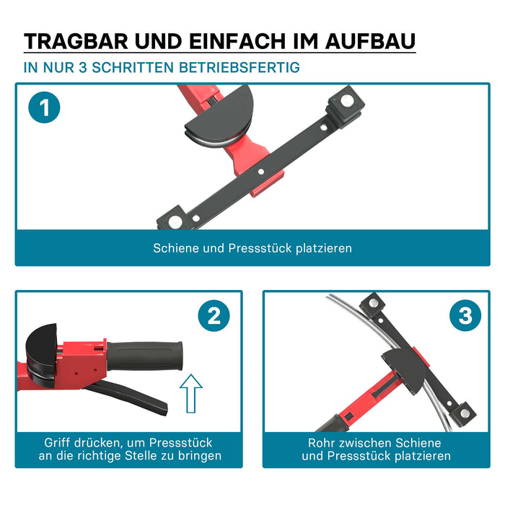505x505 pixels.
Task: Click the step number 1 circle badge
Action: coord(45,109)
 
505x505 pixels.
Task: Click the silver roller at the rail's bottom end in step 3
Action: coord(465,413)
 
